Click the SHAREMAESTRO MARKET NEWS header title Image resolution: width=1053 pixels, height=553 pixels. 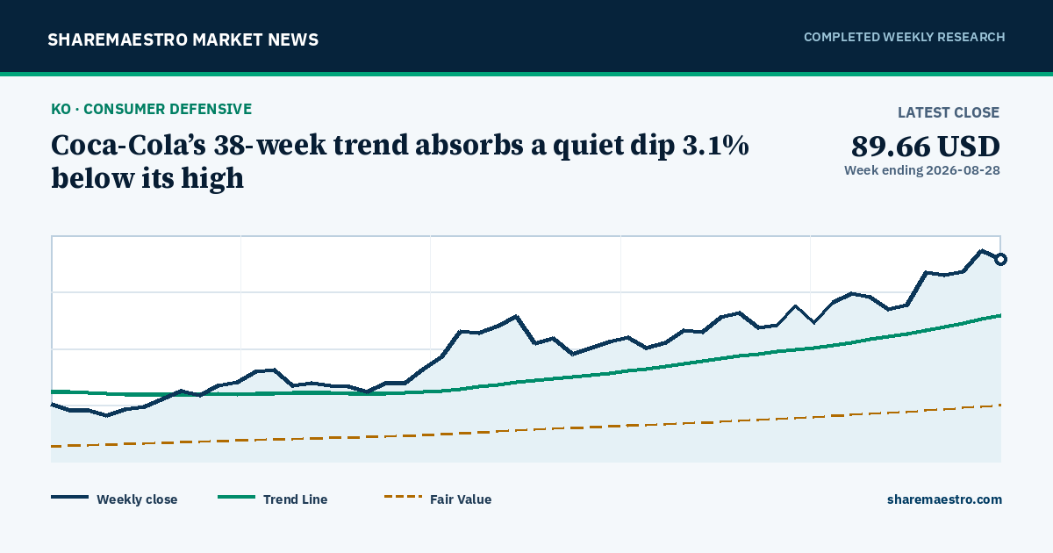tap(183, 40)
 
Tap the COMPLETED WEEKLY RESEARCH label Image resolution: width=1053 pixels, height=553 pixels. tap(904, 37)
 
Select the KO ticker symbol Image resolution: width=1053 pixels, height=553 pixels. tap(61, 109)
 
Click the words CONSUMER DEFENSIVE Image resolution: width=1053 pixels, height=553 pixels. tap(168, 109)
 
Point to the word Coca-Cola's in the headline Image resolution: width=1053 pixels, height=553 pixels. tap(128, 146)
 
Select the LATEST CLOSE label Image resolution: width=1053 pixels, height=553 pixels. tap(949, 112)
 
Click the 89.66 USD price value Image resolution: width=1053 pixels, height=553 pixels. tap(925, 147)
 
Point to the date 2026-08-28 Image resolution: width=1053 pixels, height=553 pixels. tap(963, 170)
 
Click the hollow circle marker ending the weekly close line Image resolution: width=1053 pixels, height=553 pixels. tap(1000, 259)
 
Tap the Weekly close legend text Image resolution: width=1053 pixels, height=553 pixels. tap(137, 499)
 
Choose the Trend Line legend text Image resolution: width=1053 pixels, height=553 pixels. tap(295, 499)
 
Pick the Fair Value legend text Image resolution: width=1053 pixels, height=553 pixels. tap(461, 499)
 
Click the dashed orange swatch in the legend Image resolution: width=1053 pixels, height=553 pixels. tap(403, 497)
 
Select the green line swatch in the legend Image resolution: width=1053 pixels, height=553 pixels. tap(236, 497)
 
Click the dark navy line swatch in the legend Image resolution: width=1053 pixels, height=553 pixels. tap(69, 497)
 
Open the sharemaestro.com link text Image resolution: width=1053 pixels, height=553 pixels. tap(944, 499)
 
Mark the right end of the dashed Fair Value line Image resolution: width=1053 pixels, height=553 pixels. tap(1000, 405)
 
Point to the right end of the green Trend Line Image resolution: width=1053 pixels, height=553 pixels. tap(1000, 315)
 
